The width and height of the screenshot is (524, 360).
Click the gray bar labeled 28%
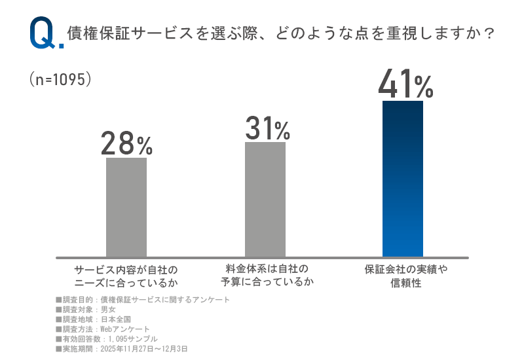126,207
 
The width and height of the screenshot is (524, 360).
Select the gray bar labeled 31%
265,199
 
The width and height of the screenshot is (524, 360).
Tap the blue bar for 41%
403,178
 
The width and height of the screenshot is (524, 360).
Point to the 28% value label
126,143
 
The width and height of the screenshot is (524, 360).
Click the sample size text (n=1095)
60,79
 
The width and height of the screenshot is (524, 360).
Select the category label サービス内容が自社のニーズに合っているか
126,276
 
